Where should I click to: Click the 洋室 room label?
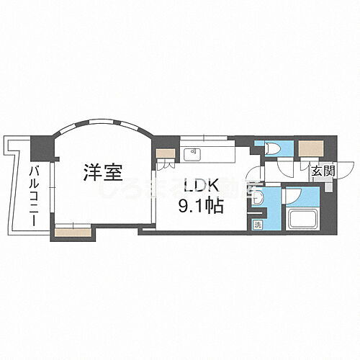102,173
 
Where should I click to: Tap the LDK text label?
197,184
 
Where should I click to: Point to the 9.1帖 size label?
199,205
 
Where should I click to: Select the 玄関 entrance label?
323,171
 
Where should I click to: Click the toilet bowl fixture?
274,149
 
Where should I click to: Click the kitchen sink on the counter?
194,152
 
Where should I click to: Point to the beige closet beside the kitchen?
166,153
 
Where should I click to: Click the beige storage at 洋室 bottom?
73,231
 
